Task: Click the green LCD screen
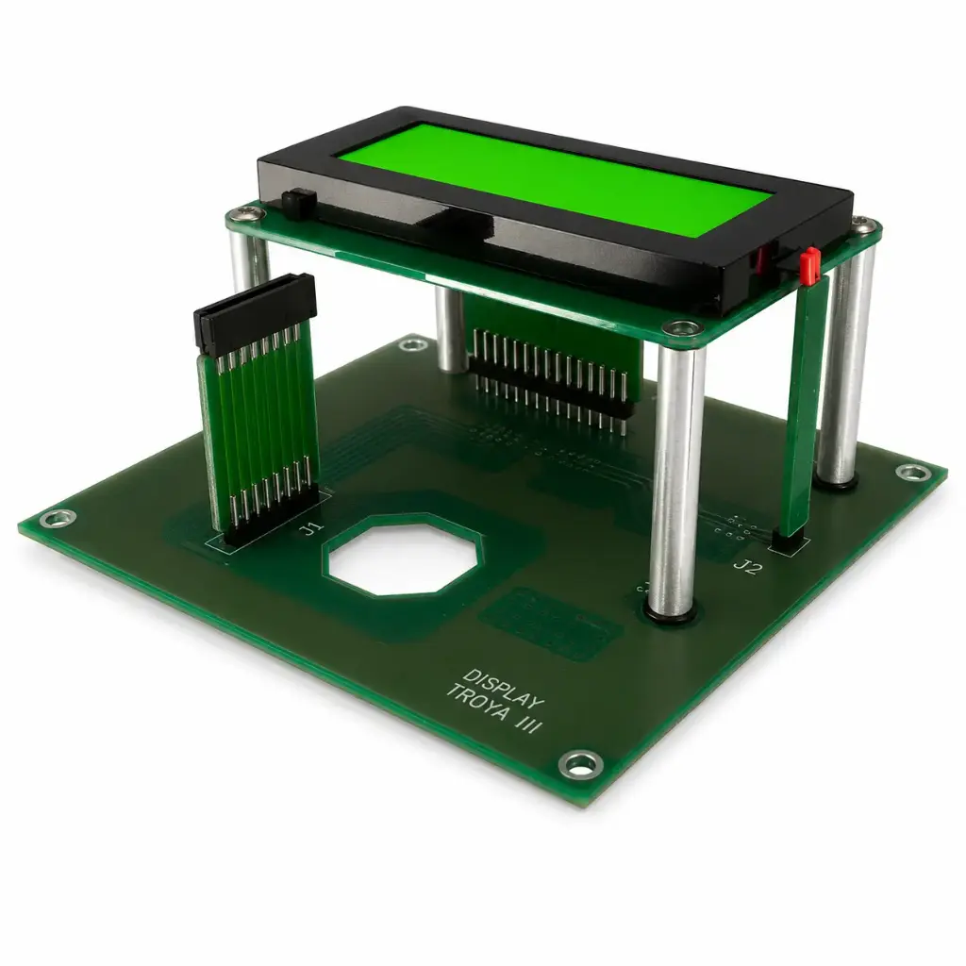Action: (x=555, y=178)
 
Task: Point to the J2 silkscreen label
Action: (x=747, y=567)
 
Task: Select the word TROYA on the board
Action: (x=477, y=702)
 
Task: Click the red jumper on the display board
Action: (x=810, y=265)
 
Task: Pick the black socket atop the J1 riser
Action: (x=255, y=314)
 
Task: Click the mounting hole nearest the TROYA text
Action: (x=580, y=764)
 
